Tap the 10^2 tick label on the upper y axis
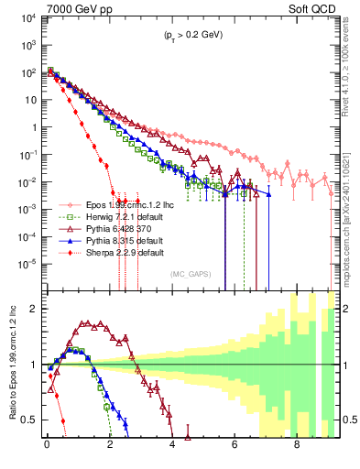pyautogui.click(x=27, y=72)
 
